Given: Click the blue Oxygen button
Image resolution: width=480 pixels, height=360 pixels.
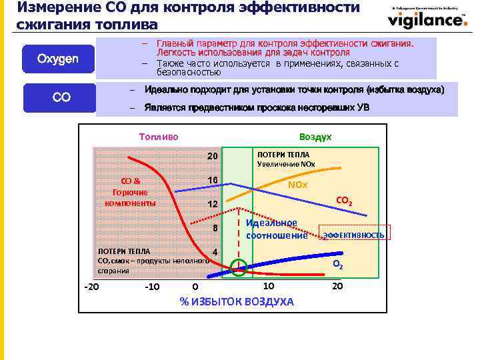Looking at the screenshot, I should click(x=58, y=59).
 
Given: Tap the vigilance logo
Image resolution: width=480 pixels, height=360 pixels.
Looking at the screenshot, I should click(x=427, y=19).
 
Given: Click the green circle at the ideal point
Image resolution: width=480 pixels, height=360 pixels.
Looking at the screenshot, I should click(x=237, y=268).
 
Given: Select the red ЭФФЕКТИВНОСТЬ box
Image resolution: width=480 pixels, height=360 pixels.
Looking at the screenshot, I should click(x=354, y=235).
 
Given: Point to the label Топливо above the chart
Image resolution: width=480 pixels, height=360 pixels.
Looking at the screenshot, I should click(x=159, y=136).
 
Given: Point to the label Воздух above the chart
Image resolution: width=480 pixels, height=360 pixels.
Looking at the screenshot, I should click(x=315, y=136).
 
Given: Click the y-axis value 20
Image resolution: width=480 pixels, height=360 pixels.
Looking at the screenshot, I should click(x=212, y=157).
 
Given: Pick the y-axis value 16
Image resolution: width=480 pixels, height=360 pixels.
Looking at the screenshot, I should click(x=212, y=181).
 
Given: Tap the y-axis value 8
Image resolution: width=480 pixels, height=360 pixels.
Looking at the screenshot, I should click(x=215, y=229).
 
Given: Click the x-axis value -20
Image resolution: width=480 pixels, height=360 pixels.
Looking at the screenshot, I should click(x=91, y=287).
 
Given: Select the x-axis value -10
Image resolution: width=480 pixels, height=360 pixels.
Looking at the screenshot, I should click(x=151, y=287).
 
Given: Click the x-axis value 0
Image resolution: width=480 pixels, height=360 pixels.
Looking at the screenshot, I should click(x=195, y=287).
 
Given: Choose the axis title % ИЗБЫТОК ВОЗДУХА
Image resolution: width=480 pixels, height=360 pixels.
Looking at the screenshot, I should click(x=237, y=302).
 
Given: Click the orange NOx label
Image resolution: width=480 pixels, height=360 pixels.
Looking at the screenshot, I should click(x=297, y=184).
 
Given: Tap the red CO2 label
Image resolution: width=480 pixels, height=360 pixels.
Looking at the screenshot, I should click(x=344, y=201).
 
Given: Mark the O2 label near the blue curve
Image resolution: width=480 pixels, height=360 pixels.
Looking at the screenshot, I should click(x=338, y=265).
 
